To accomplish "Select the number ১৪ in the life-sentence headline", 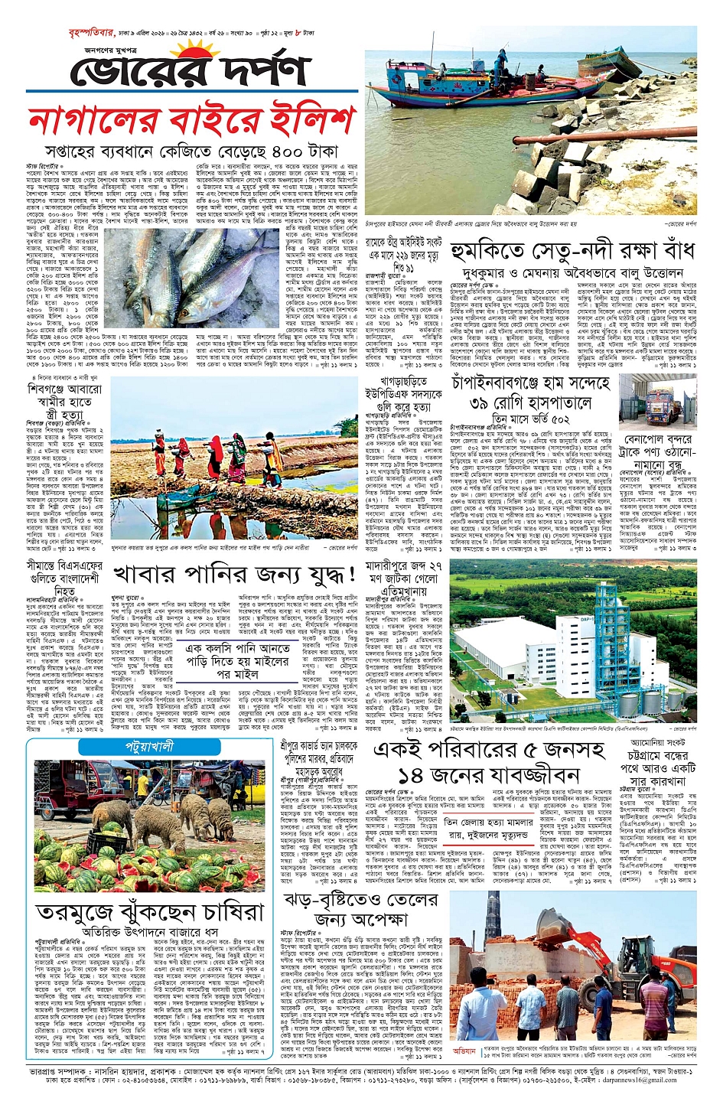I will [x=410, y=776].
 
